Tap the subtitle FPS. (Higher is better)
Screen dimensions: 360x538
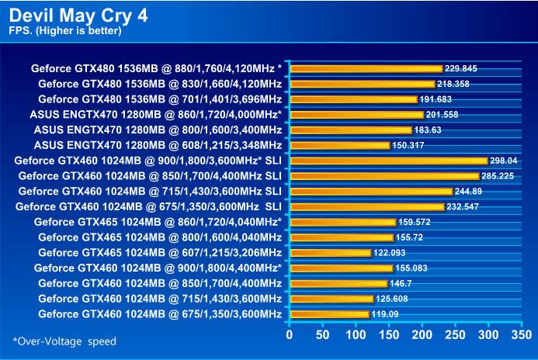(x=65, y=31)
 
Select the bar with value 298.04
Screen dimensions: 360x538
(x=388, y=161)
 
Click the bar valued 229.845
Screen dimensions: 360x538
(x=366, y=68)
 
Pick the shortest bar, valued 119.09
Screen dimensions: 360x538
(x=329, y=314)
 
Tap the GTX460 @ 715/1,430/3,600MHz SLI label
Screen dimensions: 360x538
(x=150, y=191)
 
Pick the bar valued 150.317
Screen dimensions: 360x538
(x=339, y=145)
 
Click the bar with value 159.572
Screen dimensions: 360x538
(x=342, y=222)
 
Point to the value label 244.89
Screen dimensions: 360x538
(x=473, y=192)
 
